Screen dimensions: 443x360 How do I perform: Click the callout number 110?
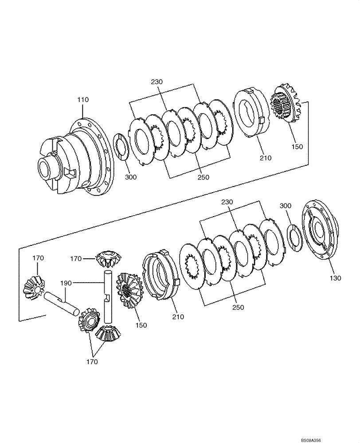(x=83, y=100)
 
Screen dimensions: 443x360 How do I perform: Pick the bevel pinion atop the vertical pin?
(x=109, y=258)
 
